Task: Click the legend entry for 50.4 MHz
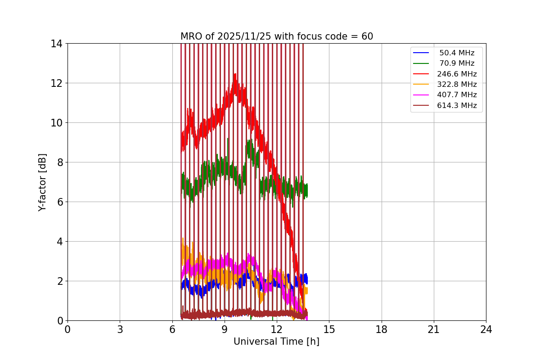(456, 53)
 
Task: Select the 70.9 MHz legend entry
(456, 63)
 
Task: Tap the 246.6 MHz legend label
(456, 74)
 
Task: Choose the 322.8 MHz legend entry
(456, 84)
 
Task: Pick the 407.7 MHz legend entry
(456, 95)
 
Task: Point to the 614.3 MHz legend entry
(456, 106)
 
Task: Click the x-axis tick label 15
(329, 329)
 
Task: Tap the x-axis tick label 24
(486, 329)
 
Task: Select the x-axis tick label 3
(120, 329)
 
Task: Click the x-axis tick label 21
(434, 329)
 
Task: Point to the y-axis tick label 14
(56, 44)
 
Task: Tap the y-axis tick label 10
(56, 123)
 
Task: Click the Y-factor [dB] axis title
(42, 182)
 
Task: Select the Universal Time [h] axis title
(276, 342)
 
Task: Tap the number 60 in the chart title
(367, 36)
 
